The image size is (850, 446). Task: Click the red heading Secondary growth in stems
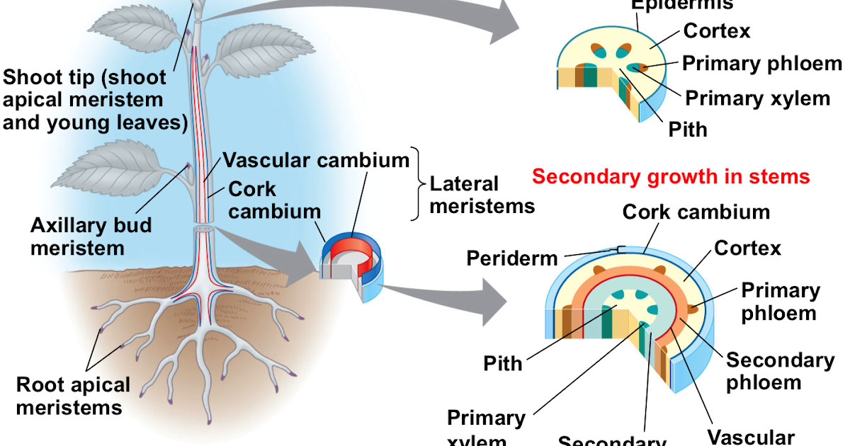click(x=670, y=176)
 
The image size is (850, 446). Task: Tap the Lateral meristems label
click(x=482, y=195)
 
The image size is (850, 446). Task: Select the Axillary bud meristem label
click(x=90, y=237)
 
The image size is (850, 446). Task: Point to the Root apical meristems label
click(x=73, y=396)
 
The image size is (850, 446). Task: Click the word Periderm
click(x=511, y=258)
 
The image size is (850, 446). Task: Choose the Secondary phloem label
click(x=779, y=371)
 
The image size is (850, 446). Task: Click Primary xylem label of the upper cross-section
click(x=757, y=98)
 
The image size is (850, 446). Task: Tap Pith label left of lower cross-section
click(x=503, y=364)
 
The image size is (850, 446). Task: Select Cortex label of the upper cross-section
click(x=716, y=31)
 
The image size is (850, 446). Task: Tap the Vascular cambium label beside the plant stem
click(x=316, y=160)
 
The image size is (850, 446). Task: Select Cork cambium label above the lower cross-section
click(x=696, y=212)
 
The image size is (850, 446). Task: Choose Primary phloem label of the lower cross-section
click(x=780, y=301)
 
